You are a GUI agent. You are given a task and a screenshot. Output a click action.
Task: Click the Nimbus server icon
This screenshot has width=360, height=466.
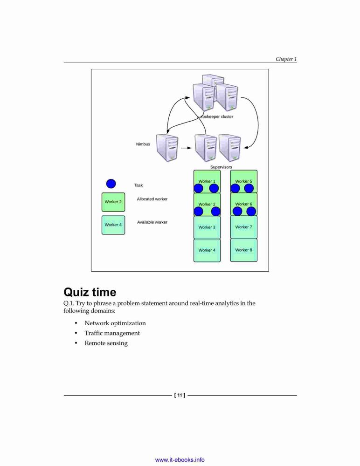pos(167,148)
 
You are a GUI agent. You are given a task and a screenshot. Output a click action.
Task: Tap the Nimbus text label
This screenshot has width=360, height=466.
pos(143,144)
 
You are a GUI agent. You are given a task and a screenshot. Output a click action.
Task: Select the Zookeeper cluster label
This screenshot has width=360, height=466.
pos(217,116)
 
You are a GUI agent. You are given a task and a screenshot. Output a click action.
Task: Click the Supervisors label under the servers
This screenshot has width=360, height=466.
pos(221,167)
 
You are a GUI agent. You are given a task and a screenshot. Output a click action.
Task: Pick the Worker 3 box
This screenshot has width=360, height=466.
pos(207,227)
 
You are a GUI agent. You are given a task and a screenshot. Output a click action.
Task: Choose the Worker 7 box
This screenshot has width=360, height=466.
pos(244,227)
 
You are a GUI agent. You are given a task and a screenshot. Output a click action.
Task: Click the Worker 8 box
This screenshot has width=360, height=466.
pos(244,250)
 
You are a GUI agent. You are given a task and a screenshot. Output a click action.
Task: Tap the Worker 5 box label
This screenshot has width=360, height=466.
pos(244,181)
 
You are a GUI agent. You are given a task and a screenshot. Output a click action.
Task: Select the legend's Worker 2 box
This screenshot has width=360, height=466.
pos(113,202)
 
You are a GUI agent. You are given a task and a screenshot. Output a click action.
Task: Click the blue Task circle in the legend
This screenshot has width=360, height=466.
pos(111,184)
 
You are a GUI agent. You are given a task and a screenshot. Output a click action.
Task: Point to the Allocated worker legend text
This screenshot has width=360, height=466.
pos(152,199)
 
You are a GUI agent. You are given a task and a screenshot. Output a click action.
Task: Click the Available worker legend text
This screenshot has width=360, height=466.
pos(152,222)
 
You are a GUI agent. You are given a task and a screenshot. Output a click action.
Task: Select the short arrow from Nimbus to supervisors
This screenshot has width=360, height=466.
pos(186,148)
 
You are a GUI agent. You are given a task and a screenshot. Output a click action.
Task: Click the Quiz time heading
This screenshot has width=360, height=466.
pos(90,292)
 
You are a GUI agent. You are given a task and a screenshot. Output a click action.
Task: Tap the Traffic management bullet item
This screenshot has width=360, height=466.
pos(112,333)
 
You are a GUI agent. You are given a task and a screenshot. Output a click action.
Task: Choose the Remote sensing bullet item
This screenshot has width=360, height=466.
pos(106,343)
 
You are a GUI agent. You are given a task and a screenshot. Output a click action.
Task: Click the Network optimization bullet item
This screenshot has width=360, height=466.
pos(115,323)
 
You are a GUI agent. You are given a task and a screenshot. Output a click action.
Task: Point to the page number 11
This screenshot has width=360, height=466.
pos(180,395)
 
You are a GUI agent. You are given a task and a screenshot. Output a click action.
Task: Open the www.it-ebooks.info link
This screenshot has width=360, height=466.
pos(180,460)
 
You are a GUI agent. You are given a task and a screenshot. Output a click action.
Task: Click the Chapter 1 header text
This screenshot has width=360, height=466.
pos(286,59)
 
